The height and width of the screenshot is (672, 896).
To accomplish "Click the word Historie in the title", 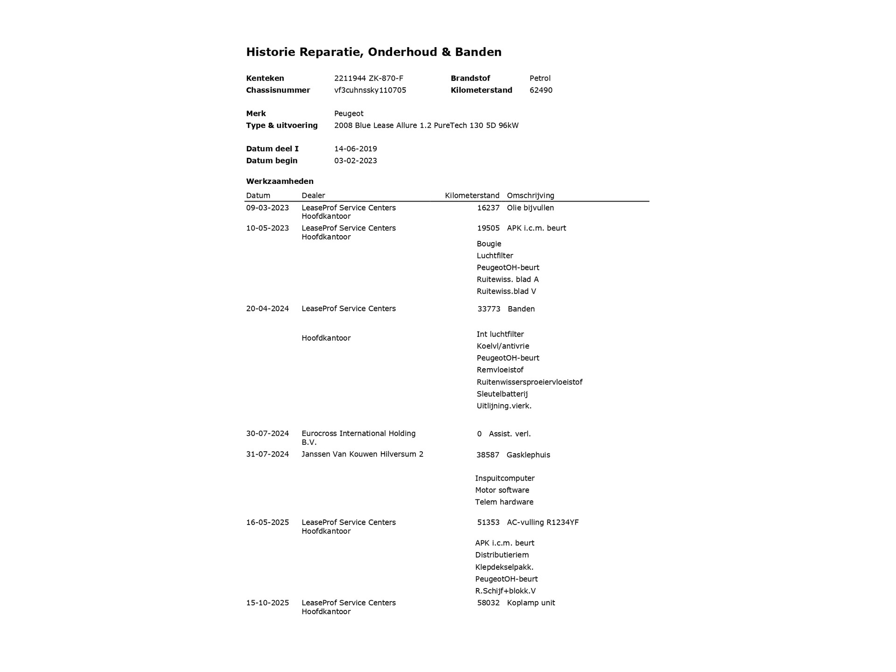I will pos(271,52).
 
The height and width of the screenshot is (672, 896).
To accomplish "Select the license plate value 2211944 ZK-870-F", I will pos(368,78).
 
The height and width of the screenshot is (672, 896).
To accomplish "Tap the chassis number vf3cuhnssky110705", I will pos(370,90).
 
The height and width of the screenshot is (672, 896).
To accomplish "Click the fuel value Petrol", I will pos(540,78).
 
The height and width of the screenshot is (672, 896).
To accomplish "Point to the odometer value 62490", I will pos(541,90).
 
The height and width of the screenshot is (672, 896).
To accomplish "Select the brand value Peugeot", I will pos(349,113).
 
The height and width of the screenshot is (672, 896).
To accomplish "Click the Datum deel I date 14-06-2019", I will pos(356,148).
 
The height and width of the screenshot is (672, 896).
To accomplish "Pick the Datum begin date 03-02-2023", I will pos(356,161).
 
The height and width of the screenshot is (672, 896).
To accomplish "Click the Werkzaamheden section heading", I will pos(280,181).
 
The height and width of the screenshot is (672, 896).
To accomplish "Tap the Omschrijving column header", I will pos(530,196).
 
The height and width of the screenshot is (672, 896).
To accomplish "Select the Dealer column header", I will pos(313,196).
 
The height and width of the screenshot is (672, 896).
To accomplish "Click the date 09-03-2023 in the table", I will pos(267,208).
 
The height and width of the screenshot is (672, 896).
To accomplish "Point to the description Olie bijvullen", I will pos(530,208).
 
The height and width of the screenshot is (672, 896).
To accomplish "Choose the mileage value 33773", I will pos(489,309).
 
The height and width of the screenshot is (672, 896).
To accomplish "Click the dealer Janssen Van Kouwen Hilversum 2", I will pos(362,454).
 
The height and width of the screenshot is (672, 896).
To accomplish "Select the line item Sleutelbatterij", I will pos(502,394).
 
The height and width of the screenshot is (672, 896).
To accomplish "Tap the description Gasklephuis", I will pos(528,455).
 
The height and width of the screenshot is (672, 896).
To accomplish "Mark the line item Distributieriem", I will pos(502,555).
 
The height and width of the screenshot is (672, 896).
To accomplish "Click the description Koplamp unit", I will pos(531,602).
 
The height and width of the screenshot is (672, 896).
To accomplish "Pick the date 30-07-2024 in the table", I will pos(267,434).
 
